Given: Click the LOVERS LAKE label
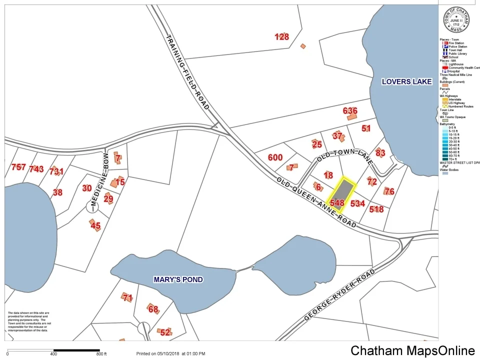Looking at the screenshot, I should [x=406, y=81].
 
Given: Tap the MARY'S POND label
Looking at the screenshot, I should [x=178, y=279].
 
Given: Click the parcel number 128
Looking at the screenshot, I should [x=282, y=36].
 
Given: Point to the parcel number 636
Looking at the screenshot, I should [x=350, y=110].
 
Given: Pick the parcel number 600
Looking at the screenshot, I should [x=275, y=157].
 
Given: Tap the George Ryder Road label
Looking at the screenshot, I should [x=339, y=296].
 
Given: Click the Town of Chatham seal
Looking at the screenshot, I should [x=456, y=19].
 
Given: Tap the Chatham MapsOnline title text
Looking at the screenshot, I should [x=412, y=350].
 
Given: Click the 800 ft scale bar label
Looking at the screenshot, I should [x=101, y=354].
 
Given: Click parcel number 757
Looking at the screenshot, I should [x=18, y=167].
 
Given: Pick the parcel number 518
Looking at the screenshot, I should [x=376, y=209].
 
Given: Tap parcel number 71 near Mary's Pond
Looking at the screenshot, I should [x=127, y=298].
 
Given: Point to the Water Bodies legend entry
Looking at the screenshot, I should [x=452, y=170].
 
